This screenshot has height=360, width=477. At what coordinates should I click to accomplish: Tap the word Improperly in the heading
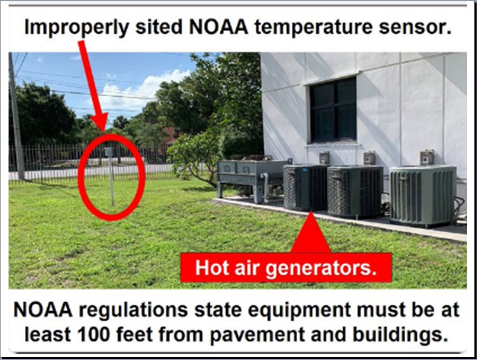76,27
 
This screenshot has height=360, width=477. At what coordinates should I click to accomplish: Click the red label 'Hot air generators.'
286,267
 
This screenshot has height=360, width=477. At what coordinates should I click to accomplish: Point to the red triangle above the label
310,235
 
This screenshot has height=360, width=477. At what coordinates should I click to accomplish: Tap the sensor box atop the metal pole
109,152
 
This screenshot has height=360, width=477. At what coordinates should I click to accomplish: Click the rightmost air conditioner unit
423,194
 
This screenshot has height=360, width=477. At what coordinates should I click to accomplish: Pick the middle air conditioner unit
354,190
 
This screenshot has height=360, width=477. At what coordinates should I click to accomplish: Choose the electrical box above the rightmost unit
427,157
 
